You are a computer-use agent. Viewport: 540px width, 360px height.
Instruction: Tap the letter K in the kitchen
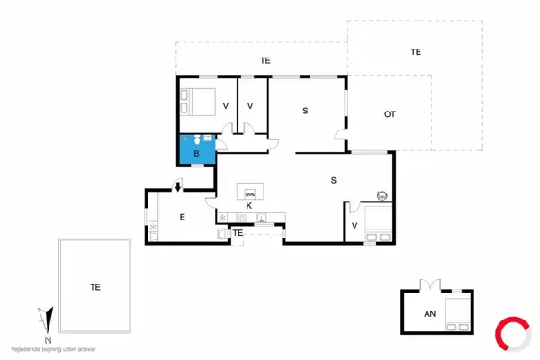click(248, 206)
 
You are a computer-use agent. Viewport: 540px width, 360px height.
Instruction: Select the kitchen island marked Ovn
click(249, 193)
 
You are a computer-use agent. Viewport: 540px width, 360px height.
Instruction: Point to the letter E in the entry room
click(182, 217)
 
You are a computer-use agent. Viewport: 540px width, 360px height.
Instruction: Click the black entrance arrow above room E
click(178, 186)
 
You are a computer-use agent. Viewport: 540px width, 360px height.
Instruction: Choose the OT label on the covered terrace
click(390, 114)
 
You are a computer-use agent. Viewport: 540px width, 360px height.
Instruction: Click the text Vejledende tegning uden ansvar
click(53, 348)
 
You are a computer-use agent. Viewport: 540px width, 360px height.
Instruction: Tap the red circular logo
click(514, 331)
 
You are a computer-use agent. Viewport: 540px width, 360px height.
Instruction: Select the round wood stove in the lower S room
click(382, 194)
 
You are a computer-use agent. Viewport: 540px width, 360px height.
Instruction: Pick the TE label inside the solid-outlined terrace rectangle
click(94, 287)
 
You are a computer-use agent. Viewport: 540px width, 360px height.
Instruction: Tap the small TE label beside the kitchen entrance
click(238, 233)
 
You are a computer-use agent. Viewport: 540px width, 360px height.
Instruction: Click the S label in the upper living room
click(305, 111)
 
